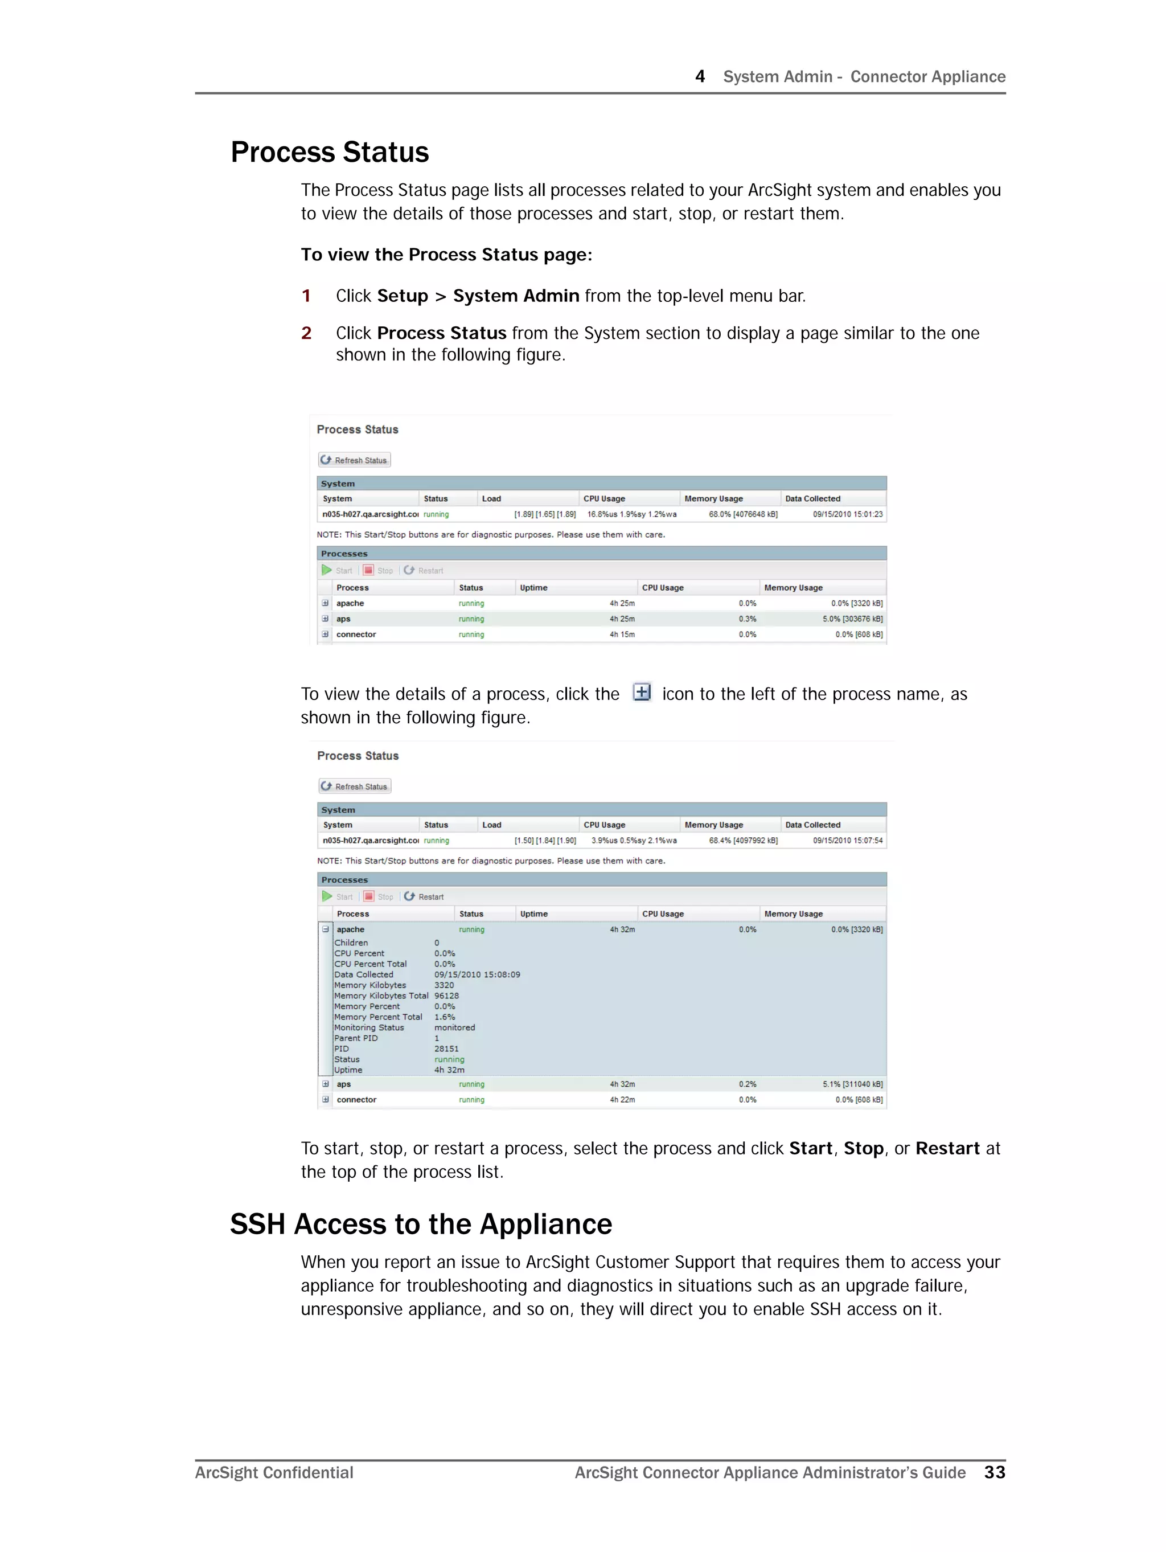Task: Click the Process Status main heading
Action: tap(329, 152)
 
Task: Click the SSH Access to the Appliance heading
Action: tap(420, 1225)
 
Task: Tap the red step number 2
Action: tap(306, 333)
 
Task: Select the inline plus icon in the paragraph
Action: tap(641, 693)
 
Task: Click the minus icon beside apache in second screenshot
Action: tap(326, 929)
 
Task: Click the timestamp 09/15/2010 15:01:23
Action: tap(848, 514)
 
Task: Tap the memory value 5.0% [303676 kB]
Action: tap(852, 619)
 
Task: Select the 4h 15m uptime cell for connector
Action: tap(622, 634)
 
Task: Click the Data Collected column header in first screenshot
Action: tap(812, 499)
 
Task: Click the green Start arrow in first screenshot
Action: tap(327, 571)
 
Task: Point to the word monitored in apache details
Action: tap(454, 1028)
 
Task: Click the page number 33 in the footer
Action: tap(994, 1473)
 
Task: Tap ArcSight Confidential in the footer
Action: tap(274, 1473)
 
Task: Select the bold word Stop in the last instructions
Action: tap(863, 1149)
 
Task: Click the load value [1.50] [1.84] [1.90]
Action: tap(545, 841)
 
